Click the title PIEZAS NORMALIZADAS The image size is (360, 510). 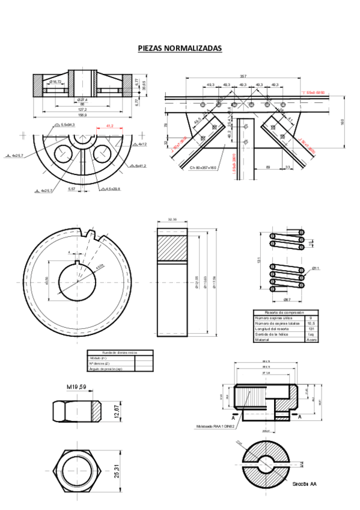click(180, 48)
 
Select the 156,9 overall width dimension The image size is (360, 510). click(82, 115)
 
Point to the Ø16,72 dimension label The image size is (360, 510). click(55, 81)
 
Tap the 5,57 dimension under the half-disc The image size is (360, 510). click(72, 189)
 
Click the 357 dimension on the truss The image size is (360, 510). click(242, 76)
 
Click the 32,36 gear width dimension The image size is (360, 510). click(172, 220)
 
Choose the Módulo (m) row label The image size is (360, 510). click(100, 357)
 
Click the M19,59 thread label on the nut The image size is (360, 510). click(77, 387)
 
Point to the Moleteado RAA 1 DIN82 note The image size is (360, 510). click(215, 426)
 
